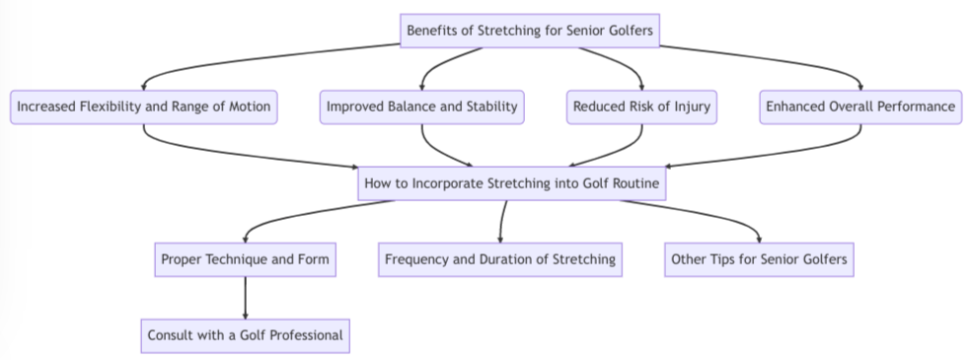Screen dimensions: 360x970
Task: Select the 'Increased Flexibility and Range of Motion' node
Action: pyautogui.click(x=144, y=107)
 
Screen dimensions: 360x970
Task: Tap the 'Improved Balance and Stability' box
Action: pyautogui.click(x=422, y=107)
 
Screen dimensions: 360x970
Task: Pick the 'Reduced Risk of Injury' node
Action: pyautogui.click(x=642, y=107)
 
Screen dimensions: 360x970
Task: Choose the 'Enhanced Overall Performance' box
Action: pyautogui.click(x=861, y=107)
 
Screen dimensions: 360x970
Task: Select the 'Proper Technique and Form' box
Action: pyautogui.click(x=244, y=259)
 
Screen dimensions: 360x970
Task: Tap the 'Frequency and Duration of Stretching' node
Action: pyautogui.click(x=500, y=259)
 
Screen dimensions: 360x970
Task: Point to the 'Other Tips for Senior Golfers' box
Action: pyautogui.click(x=759, y=259)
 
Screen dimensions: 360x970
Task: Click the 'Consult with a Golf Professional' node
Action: pyautogui.click(x=244, y=335)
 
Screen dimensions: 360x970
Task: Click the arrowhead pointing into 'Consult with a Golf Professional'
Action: pyautogui.click(x=244, y=315)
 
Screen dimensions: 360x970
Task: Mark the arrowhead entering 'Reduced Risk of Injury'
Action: pyautogui.click(x=642, y=86)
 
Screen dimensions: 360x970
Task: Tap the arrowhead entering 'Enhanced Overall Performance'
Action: pyautogui.click(x=861, y=86)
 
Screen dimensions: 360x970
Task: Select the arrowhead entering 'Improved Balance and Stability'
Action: pyautogui.click(x=422, y=86)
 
